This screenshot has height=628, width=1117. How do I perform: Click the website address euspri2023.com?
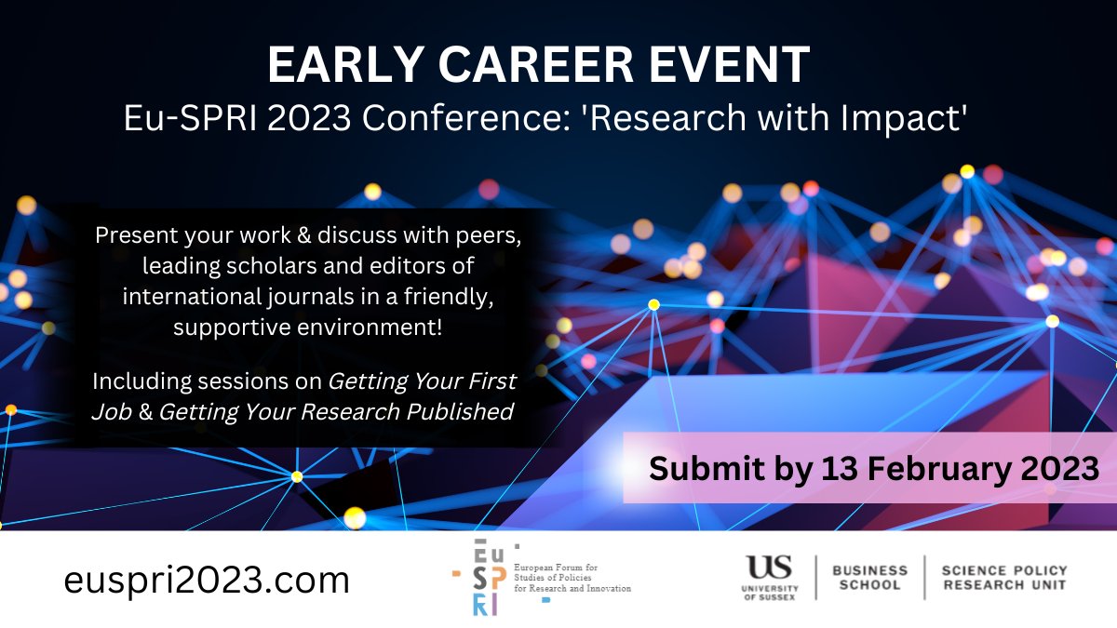point(207,581)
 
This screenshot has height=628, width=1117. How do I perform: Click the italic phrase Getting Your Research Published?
point(336,411)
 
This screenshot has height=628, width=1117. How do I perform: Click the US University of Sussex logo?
point(769,577)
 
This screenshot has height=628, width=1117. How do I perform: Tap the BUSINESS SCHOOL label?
point(869,578)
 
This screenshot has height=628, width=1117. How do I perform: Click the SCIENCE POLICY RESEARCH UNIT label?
point(1004,578)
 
